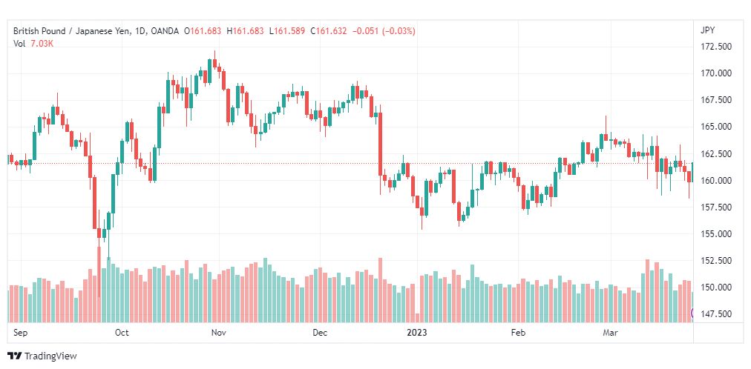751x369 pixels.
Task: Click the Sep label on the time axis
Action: tap(20, 333)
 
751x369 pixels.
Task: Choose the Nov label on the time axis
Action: tap(219, 333)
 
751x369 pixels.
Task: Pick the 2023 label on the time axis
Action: tap(417, 333)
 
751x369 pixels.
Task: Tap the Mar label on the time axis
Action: tap(610, 333)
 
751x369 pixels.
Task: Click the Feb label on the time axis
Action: tap(518, 333)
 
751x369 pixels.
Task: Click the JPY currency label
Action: tap(707, 30)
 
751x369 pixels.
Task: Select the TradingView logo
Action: tap(42, 356)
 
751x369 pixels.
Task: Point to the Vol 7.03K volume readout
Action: tap(33, 44)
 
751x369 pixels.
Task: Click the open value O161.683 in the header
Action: tap(206, 31)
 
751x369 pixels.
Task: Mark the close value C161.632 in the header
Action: tap(328, 31)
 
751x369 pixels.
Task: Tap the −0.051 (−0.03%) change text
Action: tap(384, 31)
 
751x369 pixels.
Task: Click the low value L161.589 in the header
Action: tap(287, 31)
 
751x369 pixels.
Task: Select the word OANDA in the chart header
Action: tap(164, 31)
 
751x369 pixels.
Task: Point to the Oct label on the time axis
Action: tap(122, 333)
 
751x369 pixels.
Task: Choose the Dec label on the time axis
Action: tap(319, 333)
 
